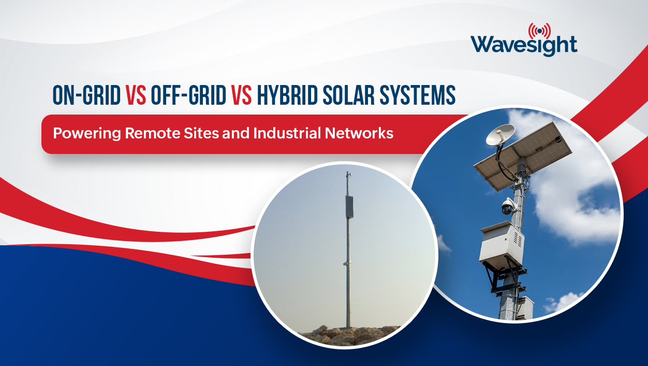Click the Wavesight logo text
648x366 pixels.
(x=524, y=45)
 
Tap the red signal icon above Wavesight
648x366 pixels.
(x=539, y=30)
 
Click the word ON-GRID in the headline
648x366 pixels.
(x=86, y=95)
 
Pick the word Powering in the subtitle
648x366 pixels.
(x=87, y=133)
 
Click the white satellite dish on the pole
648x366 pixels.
(x=500, y=135)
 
